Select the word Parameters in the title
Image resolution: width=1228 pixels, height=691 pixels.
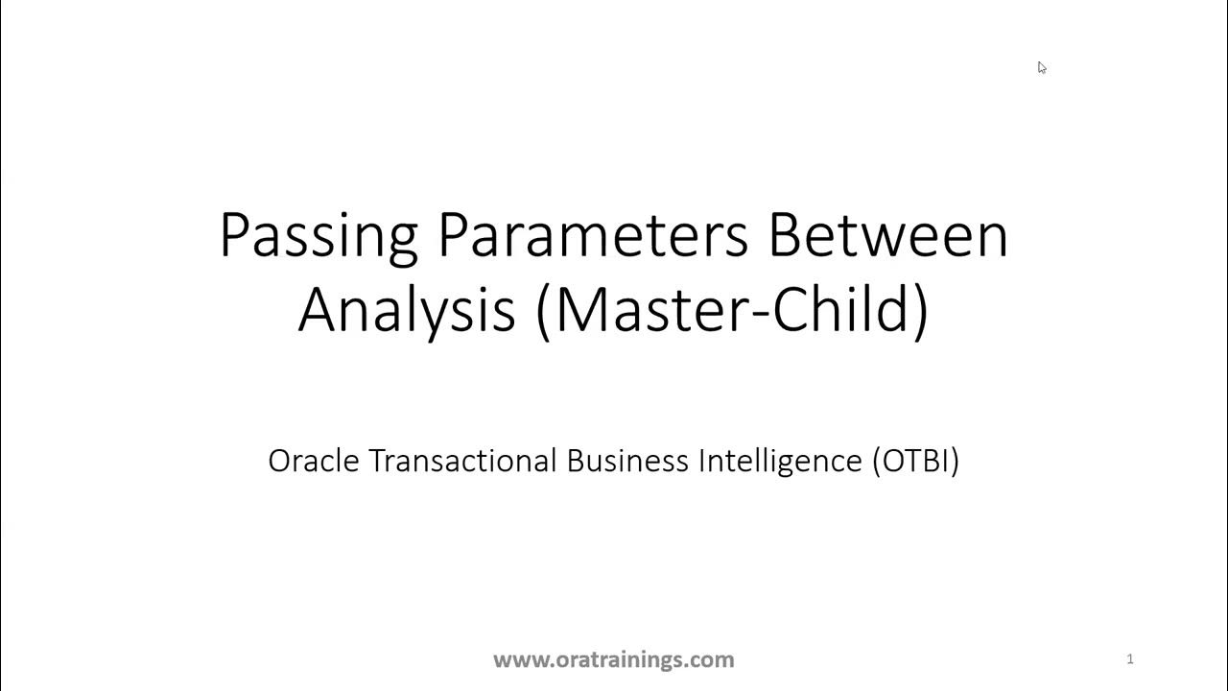(592, 235)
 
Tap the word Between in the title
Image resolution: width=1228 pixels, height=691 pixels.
(887, 235)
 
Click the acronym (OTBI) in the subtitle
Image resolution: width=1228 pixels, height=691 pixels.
(916, 462)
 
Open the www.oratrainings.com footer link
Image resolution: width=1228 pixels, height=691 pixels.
(614, 659)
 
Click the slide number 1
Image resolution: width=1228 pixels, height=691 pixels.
(1130, 658)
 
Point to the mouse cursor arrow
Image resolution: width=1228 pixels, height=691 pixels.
(1041, 66)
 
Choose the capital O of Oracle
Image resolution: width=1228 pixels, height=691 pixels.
(280, 462)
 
